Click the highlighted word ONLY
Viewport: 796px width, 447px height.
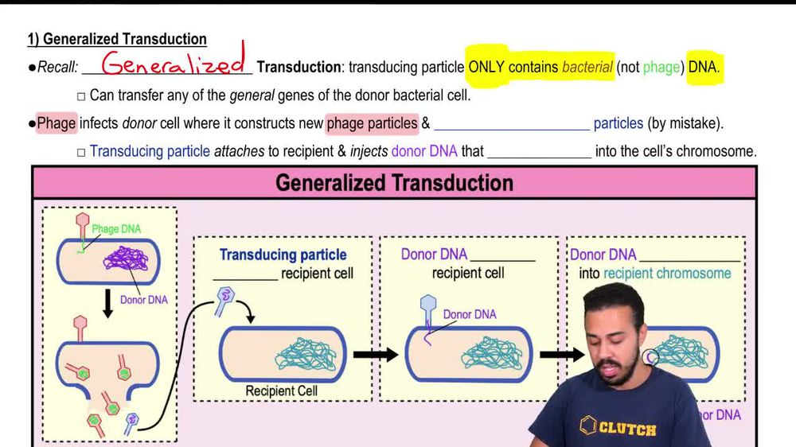[486, 68]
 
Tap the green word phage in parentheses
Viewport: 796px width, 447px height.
[661, 68]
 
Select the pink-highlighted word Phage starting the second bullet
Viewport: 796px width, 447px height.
[57, 123]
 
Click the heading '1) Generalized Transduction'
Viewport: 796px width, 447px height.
[117, 39]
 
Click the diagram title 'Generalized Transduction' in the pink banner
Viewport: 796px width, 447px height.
[394, 183]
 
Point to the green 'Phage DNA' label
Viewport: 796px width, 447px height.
[116, 229]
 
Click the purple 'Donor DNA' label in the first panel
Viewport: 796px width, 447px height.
[144, 300]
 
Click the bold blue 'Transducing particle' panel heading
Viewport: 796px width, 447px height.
[283, 255]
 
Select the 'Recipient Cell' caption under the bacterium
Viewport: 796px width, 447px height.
[281, 391]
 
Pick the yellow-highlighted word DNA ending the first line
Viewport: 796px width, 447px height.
[704, 68]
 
